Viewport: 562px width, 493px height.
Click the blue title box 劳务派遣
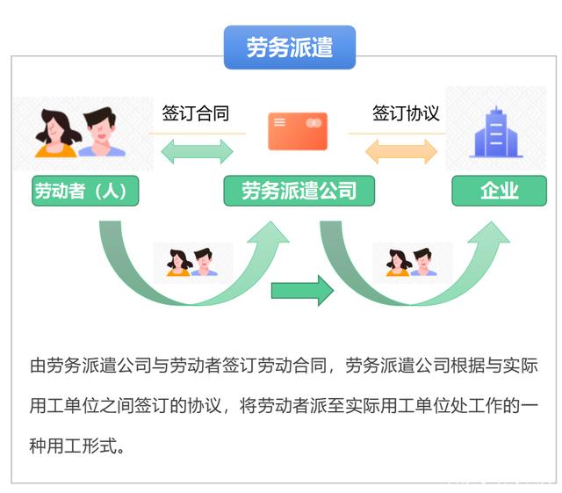(x=289, y=47)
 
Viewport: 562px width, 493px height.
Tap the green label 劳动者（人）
(x=85, y=191)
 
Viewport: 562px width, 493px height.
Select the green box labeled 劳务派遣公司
(x=299, y=191)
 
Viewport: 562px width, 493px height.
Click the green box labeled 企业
(x=499, y=191)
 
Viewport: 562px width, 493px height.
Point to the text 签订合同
(x=195, y=113)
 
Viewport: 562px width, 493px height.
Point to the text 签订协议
(x=405, y=113)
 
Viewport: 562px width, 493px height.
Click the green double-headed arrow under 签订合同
(x=197, y=151)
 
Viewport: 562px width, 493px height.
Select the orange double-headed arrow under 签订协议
(x=401, y=151)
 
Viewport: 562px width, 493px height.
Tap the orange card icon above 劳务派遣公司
(x=298, y=131)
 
